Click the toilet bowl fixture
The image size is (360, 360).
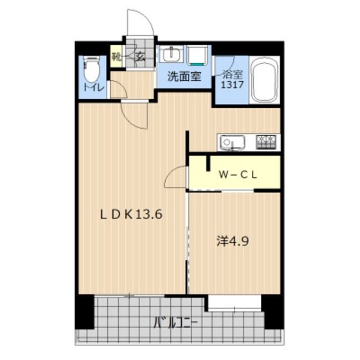[x=92, y=69]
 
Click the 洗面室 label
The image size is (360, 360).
[x=184, y=76]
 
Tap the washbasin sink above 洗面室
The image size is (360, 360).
[x=172, y=54]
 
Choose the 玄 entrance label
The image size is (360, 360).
[x=140, y=56]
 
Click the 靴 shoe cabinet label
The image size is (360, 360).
[x=116, y=56]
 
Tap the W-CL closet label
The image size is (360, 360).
[x=237, y=174]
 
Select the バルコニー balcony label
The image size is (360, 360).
[x=175, y=321]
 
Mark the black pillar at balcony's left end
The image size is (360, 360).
[x=84, y=312]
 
